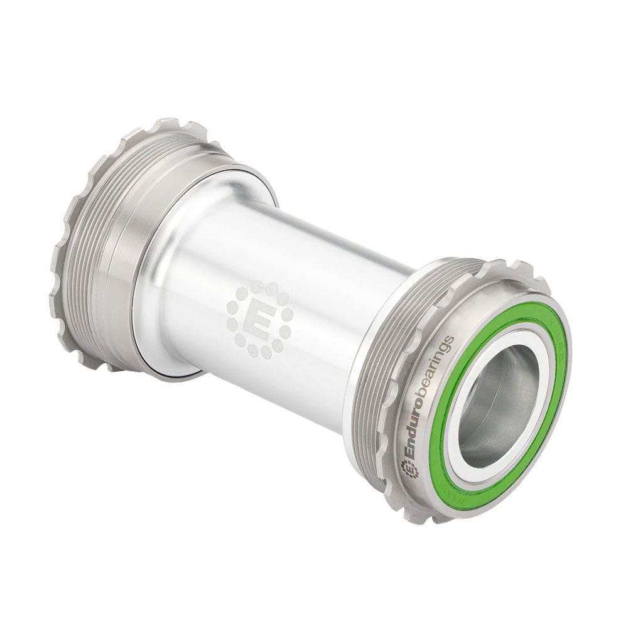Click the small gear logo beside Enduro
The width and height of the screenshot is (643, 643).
410,468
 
